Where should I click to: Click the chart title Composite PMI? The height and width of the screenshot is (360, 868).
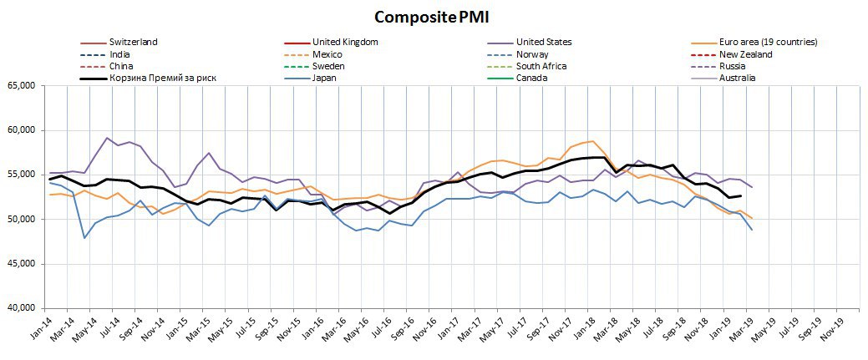coord(433,18)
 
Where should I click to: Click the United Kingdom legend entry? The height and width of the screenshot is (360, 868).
coord(345,42)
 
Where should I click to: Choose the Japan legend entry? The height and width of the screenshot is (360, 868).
coord(324,78)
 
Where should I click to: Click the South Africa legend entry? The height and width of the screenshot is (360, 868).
coord(541,66)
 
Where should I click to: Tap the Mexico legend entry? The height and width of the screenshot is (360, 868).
coord(327,54)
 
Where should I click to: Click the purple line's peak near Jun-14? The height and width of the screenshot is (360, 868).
coord(107,138)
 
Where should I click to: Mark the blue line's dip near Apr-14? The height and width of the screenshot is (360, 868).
coord(84,238)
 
